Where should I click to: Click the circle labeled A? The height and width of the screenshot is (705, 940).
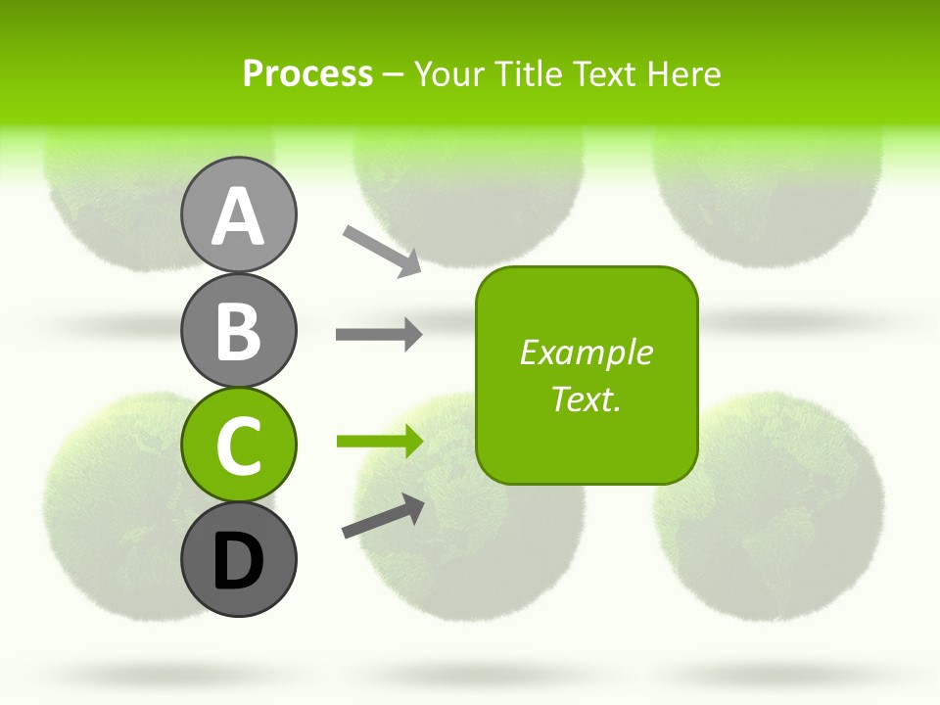pyautogui.click(x=238, y=215)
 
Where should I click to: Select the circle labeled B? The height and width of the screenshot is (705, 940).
pyautogui.click(x=238, y=330)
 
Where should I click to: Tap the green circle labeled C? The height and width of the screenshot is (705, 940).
pyautogui.click(x=238, y=445)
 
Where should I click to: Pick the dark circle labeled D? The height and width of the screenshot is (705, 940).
pyautogui.click(x=238, y=559)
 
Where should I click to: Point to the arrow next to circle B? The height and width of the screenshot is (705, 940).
pyautogui.click(x=378, y=335)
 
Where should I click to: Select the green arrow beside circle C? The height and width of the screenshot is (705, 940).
pyautogui.click(x=378, y=441)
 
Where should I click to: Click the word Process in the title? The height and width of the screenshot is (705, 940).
pyautogui.click(x=307, y=74)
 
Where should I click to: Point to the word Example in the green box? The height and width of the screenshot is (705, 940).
pyautogui.click(x=586, y=352)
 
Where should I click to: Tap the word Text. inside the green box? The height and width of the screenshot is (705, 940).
pyautogui.click(x=586, y=399)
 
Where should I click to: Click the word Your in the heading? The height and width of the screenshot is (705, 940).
pyautogui.click(x=448, y=74)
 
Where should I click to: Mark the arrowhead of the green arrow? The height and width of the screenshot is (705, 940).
pyautogui.click(x=411, y=441)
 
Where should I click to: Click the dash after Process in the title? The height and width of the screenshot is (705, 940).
pyautogui.click(x=393, y=75)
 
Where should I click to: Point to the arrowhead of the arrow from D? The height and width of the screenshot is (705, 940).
pyautogui.click(x=413, y=507)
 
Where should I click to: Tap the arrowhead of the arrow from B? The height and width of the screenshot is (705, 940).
pyautogui.click(x=411, y=335)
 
